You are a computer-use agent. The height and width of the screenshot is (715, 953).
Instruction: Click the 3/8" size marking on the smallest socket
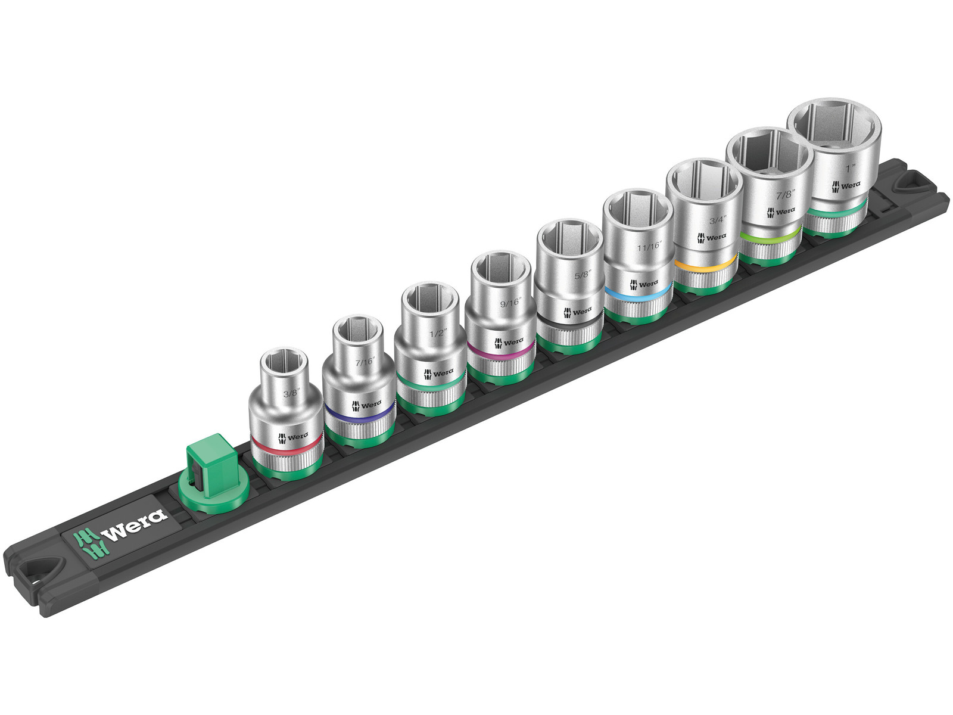tap(291, 394)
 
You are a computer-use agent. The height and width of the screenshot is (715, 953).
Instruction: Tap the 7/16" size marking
tap(365, 361)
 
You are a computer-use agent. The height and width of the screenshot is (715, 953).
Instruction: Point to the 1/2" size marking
tap(438, 333)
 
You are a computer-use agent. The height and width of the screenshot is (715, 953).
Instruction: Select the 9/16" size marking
tap(510, 301)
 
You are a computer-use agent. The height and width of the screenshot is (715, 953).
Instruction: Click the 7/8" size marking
tap(786, 194)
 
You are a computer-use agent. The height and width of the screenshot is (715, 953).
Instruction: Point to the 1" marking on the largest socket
tap(850, 167)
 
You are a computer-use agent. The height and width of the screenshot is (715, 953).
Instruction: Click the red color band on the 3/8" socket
tap(286, 449)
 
